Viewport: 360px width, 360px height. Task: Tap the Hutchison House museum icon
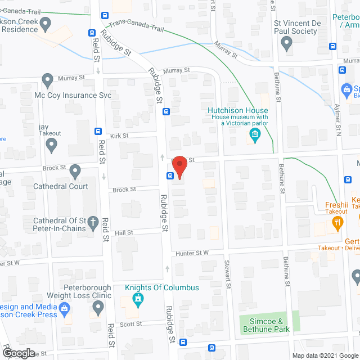(254, 135)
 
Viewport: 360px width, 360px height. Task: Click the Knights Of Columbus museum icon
(136, 300)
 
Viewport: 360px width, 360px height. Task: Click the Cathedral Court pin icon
(76, 171)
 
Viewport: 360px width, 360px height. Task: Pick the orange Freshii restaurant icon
(337, 222)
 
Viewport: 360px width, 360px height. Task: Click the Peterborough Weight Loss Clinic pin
(98, 307)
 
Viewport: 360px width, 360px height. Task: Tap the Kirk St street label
(119, 136)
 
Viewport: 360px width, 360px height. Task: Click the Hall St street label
(123, 232)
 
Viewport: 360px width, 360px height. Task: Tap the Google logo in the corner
(18, 353)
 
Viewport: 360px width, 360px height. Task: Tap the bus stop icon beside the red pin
(169, 175)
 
